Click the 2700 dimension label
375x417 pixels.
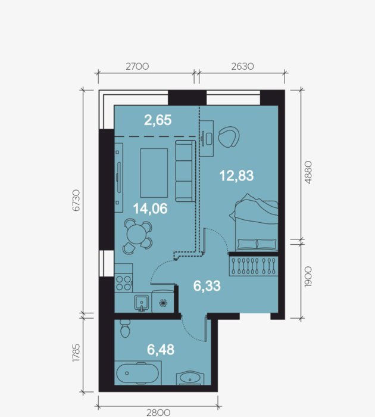[137, 66]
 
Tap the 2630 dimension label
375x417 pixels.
[242, 66]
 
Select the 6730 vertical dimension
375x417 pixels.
[76, 200]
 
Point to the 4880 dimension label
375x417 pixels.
[308, 172]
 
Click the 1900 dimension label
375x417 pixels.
[308, 277]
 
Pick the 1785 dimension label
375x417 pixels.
[76, 353]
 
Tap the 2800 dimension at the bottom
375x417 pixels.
[158, 412]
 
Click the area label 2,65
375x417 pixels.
[158, 120]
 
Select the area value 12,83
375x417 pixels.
[236, 176]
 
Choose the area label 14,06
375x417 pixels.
[151, 208]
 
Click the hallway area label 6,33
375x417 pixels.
[207, 286]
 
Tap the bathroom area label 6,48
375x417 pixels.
[161, 350]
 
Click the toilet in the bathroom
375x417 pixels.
[125, 329]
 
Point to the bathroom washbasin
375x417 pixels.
[190, 378]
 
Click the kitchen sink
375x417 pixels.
[142, 303]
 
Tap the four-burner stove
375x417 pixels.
[124, 283]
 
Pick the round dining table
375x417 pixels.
[137, 234]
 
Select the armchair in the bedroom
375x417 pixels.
[229, 136]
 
